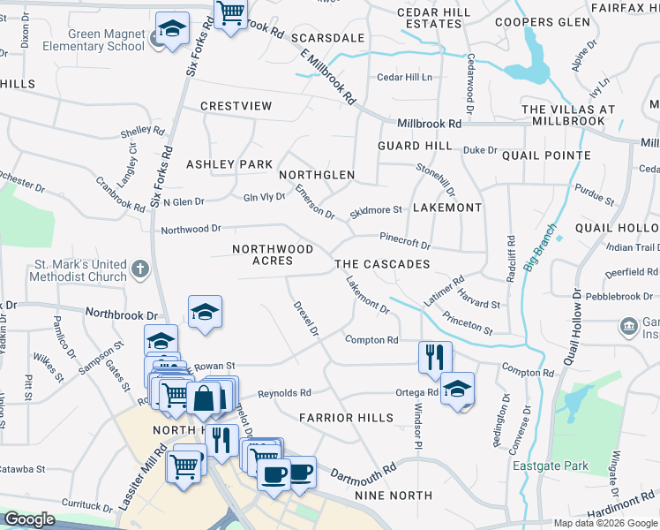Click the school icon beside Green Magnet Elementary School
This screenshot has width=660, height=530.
click(x=173, y=27)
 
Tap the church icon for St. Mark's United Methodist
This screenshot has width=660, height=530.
click(x=139, y=268)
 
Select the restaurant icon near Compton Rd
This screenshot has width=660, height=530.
click(x=435, y=357)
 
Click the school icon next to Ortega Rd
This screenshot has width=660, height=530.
click(x=457, y=389)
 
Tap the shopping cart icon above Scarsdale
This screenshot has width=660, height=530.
click(x=230, y=14)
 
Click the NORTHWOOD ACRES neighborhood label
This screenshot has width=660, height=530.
click(x=273, y=255)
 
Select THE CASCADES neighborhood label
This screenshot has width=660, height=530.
click(x=382, y=264)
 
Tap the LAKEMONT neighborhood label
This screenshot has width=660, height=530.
click(x=447, y=208)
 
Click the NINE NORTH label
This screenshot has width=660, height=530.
click(x=390, y=496)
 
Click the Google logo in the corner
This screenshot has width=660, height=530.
click(x=30, y=519)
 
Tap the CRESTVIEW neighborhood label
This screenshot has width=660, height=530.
click(x=236, y=106)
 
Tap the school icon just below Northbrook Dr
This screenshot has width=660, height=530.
click(x=205, y=312)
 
